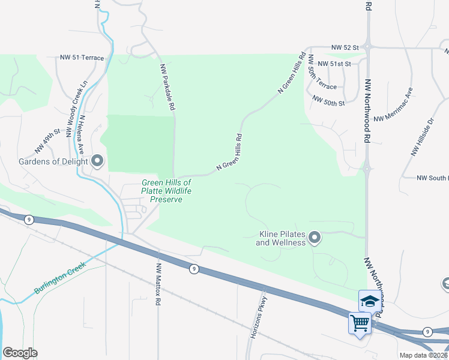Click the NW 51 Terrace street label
(x=82, y=58)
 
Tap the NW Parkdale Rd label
(x=167, y=87)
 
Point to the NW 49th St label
(x=48, y=140)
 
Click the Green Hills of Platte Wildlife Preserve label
(x=166, y=191)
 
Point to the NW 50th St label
(x=329, y=103)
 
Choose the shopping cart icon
(x=360, y=323)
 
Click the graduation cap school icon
(x=370, y=300)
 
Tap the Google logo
(x=20, y=353)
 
